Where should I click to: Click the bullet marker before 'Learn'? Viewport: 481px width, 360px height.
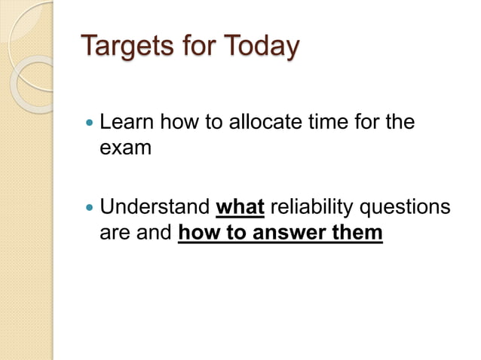click(90, 122)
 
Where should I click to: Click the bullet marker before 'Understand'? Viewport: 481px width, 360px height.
click(90, 207)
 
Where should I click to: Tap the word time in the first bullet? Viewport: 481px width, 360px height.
click(317, 122)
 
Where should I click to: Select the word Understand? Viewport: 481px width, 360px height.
click(155, 206)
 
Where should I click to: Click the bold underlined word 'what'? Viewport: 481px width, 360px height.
click(240, 206)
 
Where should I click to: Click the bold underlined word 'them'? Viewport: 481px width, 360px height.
click(357, 233)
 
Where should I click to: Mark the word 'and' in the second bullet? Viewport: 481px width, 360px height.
click(155, 233)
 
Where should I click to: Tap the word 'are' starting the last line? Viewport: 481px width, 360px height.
click(115, 233)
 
